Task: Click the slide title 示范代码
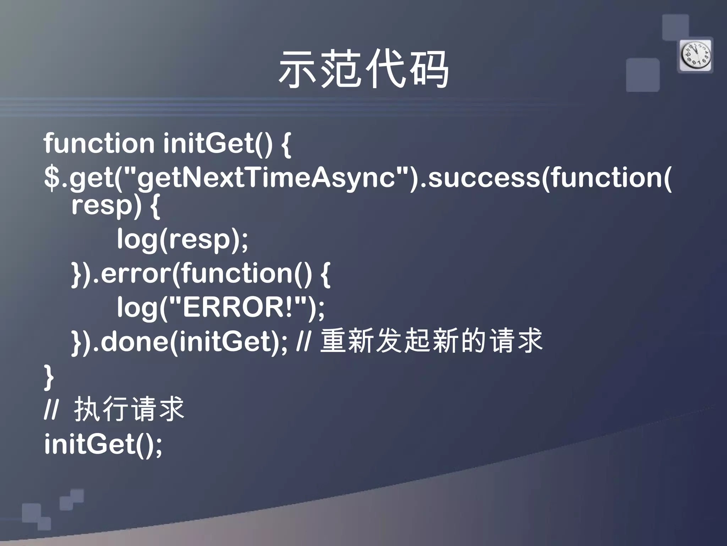point(363,69)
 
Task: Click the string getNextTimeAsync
point(266,178)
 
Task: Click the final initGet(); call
point(103,444)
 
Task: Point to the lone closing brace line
point(49,377)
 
